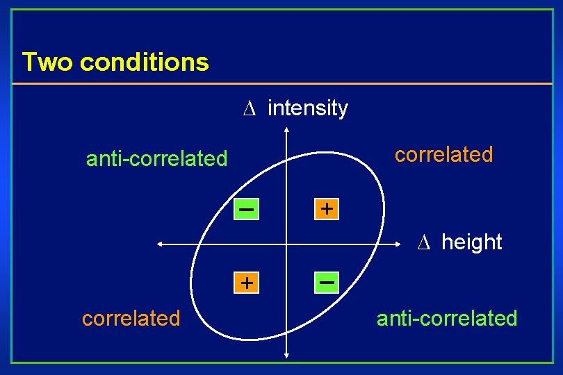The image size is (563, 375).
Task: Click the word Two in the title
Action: click(x=47, y=62)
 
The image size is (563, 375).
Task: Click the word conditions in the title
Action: click(x=145, y=62)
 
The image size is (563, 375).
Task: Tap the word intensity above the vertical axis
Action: click(x=307, y=108)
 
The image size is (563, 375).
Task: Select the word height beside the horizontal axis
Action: click(x=471, y=242)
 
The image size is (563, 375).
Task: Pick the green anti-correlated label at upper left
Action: click(x=156, y=159)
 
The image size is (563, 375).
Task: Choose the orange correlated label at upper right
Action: click(x=443, y=154)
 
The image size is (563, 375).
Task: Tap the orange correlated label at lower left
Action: click(x=131, y=318)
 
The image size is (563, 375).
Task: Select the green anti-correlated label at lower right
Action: click(x=447, y=318)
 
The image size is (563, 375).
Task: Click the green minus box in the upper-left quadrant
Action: click(x=245, y=208)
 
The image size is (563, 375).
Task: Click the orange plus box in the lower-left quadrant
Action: click(x=245, y=283)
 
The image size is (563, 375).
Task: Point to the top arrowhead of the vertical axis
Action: click(x=286, y=131)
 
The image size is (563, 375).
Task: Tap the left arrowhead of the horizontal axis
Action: click(x=160, y=244)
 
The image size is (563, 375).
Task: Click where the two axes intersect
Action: click(x=286, y=244)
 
